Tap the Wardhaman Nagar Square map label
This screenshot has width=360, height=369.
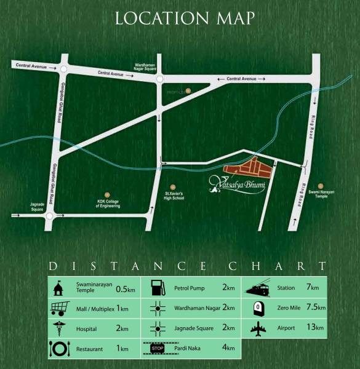[147, 66]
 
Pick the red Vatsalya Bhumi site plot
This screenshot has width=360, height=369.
[246, 168]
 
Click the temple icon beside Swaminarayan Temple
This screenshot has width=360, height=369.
[58, 288]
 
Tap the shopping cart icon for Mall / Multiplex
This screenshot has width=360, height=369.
[58, 307]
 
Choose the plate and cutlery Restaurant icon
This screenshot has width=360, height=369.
[58, 349]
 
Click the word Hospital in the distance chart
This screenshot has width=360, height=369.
[87, 329]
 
